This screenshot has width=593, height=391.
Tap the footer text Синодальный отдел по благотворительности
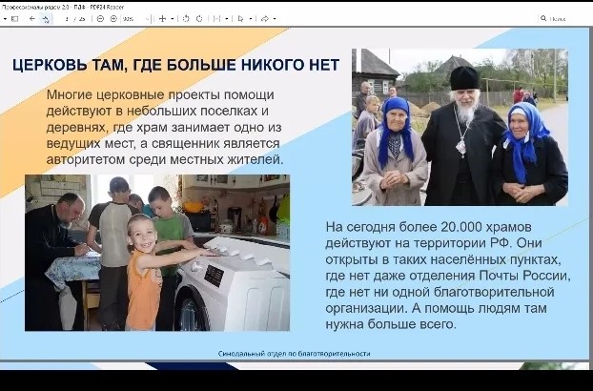pyautogui.click(x=294, y=353)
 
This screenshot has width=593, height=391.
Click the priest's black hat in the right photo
pyautogui.click(x=464, y=77)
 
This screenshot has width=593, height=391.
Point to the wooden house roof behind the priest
pyautogui.click(x=377, y=65)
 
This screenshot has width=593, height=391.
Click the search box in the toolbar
pyautogui.click(x=562, y=18)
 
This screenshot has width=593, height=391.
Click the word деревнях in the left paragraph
pyautogui.click(x=79, y=128)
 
